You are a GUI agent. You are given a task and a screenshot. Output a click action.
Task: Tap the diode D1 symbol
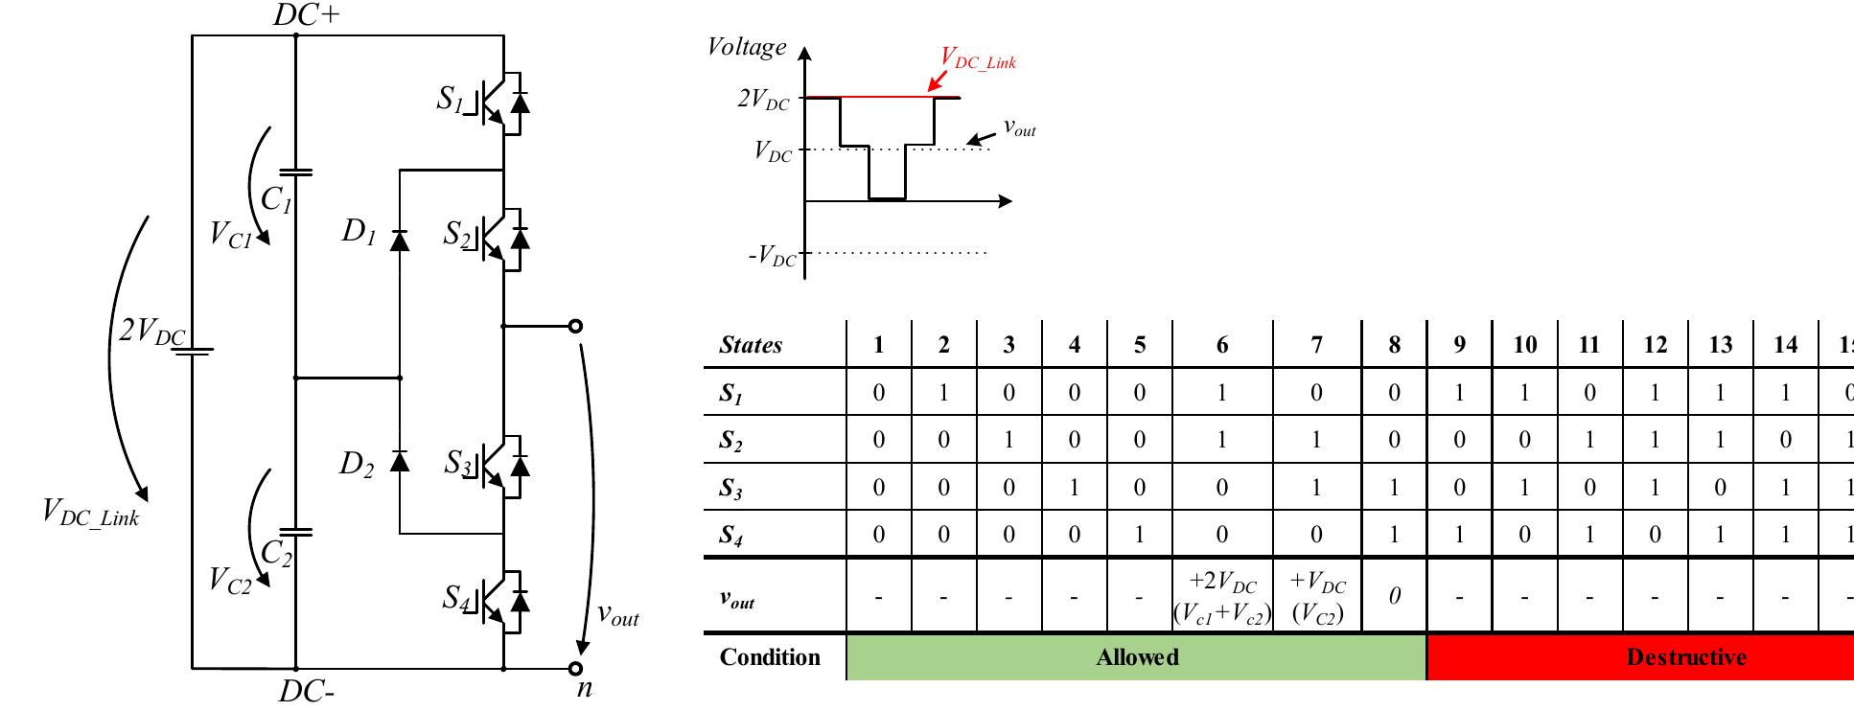[x=400, y=240]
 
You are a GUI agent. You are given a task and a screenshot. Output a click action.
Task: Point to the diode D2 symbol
[x=400, y=463]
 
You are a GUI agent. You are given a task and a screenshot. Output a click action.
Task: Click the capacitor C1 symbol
[x=295, y=173]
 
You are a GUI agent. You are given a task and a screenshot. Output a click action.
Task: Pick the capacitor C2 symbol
[x=295, y=529]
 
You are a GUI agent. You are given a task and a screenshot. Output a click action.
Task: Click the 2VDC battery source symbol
[x=192, y=350]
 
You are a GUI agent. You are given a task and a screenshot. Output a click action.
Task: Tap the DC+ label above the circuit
[x=307, y=15]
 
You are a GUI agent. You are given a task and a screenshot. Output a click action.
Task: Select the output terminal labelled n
[x=575, y=669]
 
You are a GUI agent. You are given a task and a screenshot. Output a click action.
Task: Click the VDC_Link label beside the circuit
[x=91, y=512]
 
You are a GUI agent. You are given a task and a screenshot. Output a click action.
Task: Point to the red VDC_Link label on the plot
[x=978, y=59]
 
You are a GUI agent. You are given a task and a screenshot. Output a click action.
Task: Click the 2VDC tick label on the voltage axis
[x=764, y=100]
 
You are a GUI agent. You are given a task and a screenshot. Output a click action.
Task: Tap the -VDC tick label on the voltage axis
[x=773, y=257]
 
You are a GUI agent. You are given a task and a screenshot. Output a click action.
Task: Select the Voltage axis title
[x=746, y=46]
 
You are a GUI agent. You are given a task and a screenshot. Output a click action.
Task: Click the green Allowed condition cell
[x=1137, y=657]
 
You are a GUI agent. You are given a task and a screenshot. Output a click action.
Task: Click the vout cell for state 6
[x=1222, y=597]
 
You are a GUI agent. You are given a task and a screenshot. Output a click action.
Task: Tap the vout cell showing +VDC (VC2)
[x=1317, y=597]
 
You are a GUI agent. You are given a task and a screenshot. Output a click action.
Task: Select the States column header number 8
[x=1394, y=345]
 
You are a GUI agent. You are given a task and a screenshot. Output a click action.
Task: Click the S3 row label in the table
[x=731, y=489]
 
